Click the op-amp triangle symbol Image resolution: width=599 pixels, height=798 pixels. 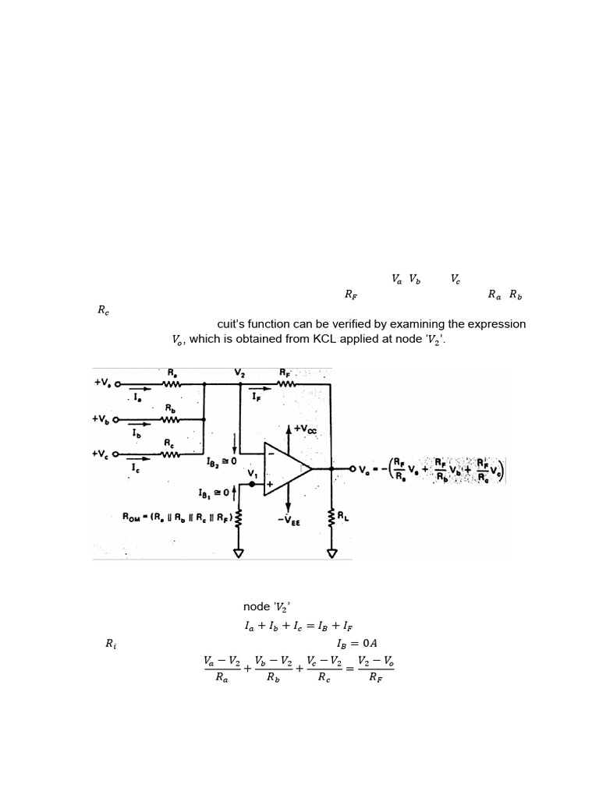pos(285,468)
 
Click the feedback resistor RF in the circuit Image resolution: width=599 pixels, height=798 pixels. pos(285,383)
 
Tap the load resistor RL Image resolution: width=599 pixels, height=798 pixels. pos(333,516)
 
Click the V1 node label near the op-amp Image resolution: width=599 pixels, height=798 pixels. pos(253,473)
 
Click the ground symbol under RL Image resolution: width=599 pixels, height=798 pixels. pos(333,554)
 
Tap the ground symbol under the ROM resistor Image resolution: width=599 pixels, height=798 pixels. pos(238,554)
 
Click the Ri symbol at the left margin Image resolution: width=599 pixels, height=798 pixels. pos(110,644)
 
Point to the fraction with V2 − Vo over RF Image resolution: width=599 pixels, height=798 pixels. pos(375,669)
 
